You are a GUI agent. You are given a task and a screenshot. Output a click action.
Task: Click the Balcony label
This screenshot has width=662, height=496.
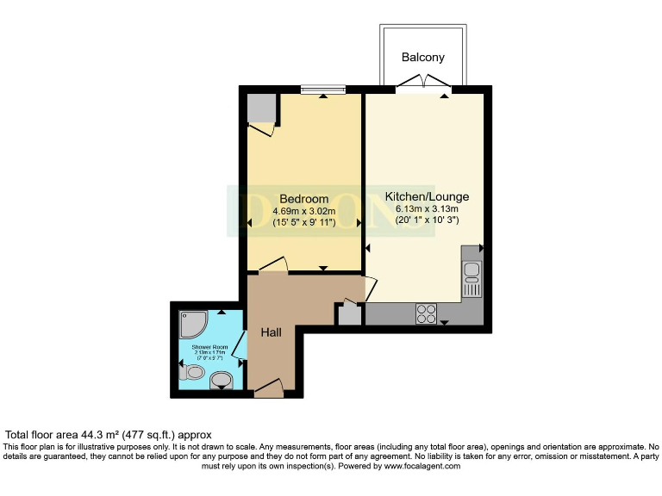423,58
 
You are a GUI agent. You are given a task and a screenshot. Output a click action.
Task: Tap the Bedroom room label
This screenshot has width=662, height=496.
300,197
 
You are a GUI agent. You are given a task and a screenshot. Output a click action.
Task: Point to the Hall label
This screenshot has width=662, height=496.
272,331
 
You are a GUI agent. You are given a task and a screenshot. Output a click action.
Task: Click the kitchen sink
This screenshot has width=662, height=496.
472,274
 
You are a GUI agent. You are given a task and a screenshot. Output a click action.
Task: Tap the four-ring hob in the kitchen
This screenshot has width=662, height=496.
426,313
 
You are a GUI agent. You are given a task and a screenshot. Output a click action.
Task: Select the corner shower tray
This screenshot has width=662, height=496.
190,325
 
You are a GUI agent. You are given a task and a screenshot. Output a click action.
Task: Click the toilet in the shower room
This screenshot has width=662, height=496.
190,374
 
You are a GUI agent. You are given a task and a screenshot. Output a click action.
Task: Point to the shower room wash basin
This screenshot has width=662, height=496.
222,380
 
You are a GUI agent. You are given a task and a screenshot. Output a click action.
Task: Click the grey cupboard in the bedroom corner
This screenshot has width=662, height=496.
261,109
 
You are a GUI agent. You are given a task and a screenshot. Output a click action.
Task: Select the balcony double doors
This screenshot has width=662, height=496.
422,84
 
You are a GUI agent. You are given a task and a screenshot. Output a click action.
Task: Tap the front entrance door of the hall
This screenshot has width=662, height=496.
268,389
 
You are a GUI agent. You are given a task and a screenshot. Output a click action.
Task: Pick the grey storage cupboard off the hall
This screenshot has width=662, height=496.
349,313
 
